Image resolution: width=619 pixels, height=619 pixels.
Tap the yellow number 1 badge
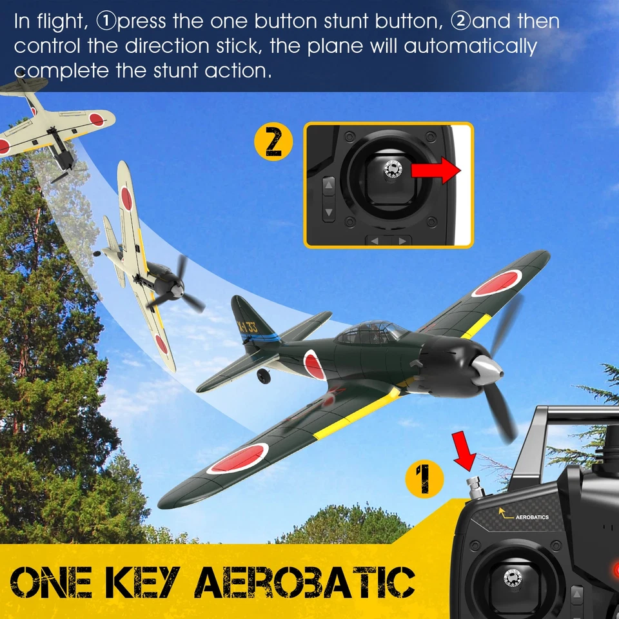[x=424, y=481]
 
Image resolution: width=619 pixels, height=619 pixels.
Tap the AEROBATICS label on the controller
[x=533, y=517]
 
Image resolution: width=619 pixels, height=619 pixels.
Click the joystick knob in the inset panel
[x=392, y=168]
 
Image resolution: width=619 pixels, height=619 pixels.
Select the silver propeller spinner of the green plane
[x=486, y=369]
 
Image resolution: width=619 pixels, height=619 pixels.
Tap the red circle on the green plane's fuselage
[x=315, y=364]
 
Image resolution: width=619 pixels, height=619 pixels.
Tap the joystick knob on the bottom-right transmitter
[x=514, y=577]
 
